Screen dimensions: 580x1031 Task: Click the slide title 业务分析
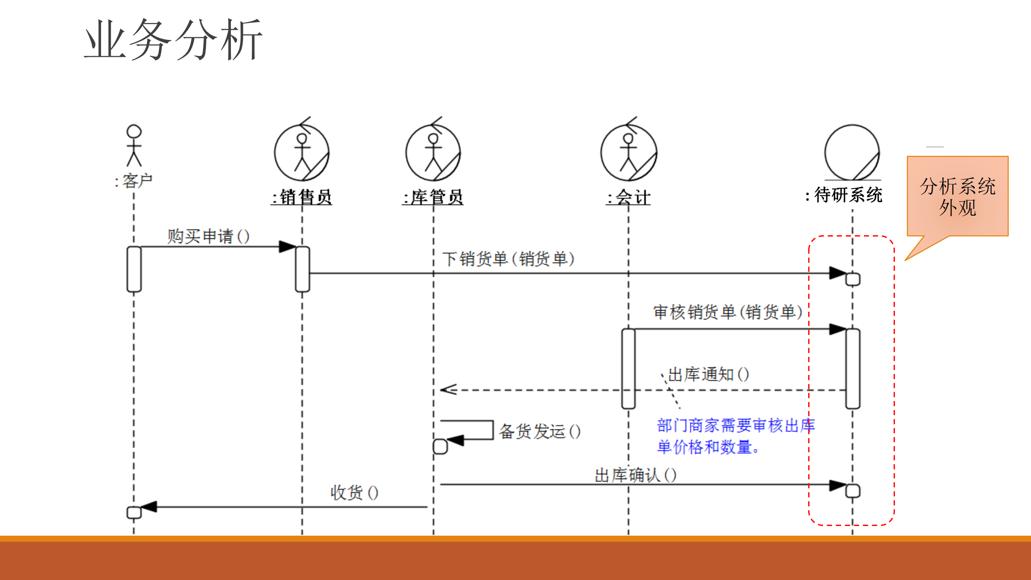pos(173,40)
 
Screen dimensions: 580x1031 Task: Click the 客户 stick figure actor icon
pos(134,146)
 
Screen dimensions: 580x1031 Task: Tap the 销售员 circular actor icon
pos(302,153)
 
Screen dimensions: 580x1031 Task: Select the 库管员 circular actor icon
pos(433,153)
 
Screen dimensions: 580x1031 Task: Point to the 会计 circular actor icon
pos(629,153)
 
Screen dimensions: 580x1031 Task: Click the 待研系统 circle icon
pos(852,153)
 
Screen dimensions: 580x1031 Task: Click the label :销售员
pos(302,197)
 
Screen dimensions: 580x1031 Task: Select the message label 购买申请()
pos(208,236)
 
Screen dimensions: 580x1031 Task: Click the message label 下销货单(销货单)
pos(508,259)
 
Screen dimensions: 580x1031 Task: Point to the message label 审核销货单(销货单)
pos(728,312)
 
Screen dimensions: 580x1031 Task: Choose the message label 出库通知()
pos(708,374)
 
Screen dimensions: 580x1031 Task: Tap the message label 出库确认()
pos(635,475)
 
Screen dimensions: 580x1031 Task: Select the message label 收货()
pos(354,493)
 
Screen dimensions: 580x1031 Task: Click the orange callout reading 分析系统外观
pos(957,197)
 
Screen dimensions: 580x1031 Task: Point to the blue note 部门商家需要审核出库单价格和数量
pos(736,436)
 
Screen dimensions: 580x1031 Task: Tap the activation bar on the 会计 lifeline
pos(628,368)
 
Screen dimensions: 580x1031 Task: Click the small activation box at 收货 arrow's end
pos(134,512)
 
